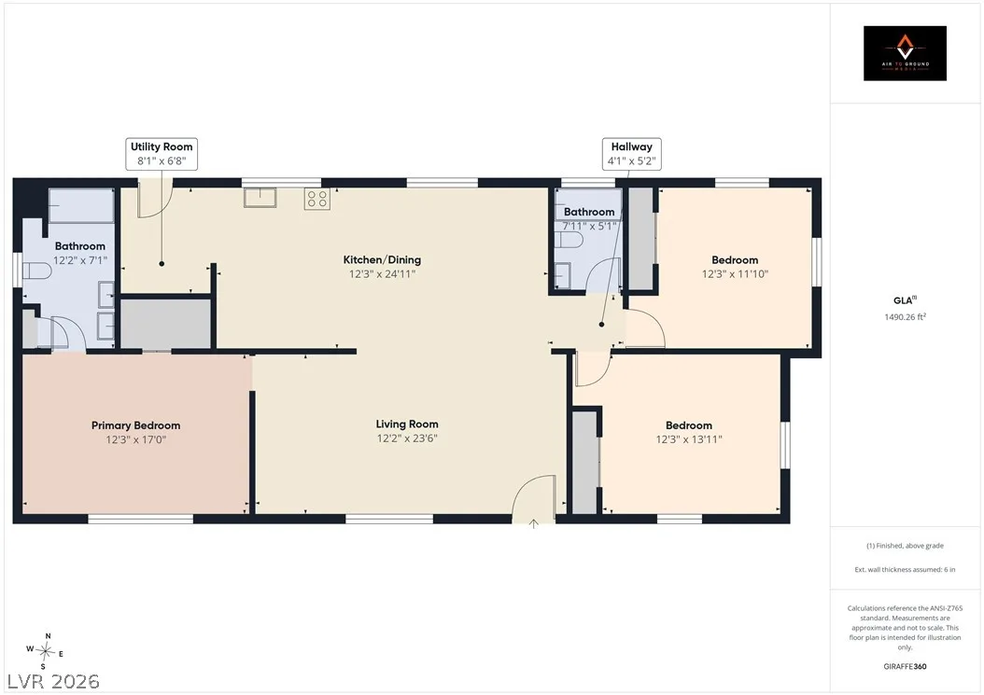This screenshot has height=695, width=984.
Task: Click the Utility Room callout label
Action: coord(162,154)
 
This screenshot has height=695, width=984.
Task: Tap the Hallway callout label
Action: coord(631,154)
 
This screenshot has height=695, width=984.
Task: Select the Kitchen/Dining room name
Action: coord(382,259)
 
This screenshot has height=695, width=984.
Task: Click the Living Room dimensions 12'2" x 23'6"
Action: coord(407,438)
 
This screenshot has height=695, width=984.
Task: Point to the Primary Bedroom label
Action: coord(135,425)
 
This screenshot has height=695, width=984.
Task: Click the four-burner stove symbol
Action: coord(316,199)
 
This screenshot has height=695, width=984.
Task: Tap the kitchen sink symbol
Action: coord(260,198)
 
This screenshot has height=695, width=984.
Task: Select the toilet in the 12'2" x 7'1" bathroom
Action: coord(37,271)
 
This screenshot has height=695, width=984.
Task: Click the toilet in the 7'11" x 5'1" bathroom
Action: coord(569,241)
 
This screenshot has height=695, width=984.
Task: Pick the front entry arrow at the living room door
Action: coord(533,523)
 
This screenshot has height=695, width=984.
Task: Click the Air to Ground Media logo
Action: coord(905,53)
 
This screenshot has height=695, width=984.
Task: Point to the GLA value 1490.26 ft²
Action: coord(905,317)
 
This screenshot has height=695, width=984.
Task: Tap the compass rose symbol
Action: coord(45,652)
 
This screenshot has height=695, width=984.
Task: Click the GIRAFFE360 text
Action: coord(905,666)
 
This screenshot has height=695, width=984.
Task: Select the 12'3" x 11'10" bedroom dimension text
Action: coord(735,274)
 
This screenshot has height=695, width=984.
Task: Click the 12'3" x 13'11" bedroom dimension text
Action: coord(689,439)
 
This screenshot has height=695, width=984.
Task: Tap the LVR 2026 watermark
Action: coord(53,682)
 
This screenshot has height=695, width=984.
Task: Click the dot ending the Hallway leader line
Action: coord(601,325)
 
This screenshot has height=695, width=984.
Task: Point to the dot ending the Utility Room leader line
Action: coord(162,263)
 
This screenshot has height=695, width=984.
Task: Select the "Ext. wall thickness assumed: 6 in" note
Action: coord(905,570)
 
